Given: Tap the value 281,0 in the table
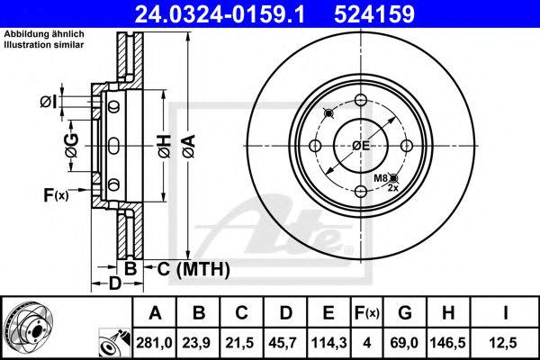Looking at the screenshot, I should coord(155,343).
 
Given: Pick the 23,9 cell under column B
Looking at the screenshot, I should coord(200,343).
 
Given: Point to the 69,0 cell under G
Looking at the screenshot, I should coord(403,343).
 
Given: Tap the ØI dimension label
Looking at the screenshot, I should coord(51,103).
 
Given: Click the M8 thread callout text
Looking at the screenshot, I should coord(381,180).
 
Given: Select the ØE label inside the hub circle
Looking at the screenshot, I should coord(361,146).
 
